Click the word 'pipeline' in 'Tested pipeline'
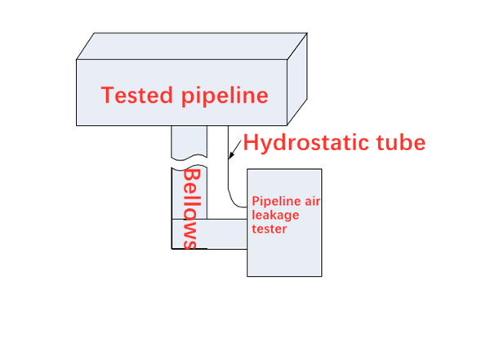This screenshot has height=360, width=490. (x=221, y=96)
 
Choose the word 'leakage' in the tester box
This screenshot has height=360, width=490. (x=276, y=215)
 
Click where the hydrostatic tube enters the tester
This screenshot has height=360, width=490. (x=247, y=207)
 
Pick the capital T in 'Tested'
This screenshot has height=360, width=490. (x=109, y=96)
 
